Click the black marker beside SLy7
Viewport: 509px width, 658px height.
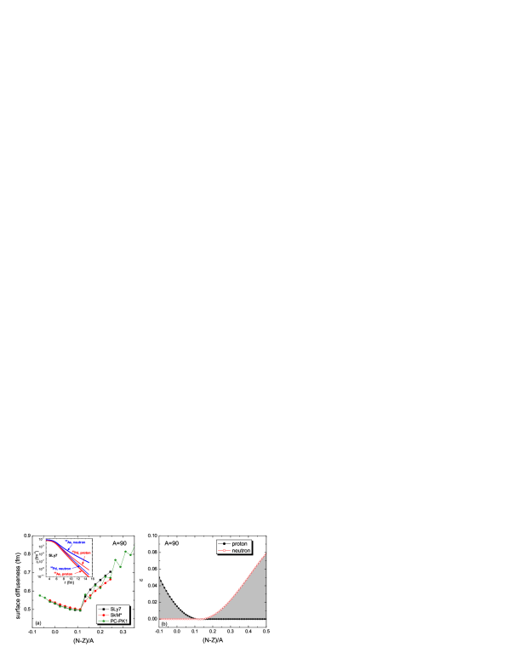point(103,609)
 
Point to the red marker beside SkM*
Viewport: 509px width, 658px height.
point(103,615)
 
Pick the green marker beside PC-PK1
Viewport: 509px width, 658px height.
point(103,621)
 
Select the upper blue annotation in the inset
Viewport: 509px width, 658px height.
point(77,542)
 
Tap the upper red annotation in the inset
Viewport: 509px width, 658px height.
point(82,553)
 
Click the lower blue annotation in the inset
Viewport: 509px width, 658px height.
point(61,568)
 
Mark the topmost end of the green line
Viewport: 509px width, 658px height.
point(134,545)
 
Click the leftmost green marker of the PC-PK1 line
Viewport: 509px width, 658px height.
point(39,595)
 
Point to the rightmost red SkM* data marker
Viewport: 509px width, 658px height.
point(111,579)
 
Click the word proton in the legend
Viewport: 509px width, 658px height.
point(239,543)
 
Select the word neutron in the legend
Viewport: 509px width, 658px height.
point(241,550)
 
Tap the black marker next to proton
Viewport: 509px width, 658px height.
point(224,543)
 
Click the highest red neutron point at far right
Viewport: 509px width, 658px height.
point(266,554)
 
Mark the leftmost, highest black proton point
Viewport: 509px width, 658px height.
point(160,580)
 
